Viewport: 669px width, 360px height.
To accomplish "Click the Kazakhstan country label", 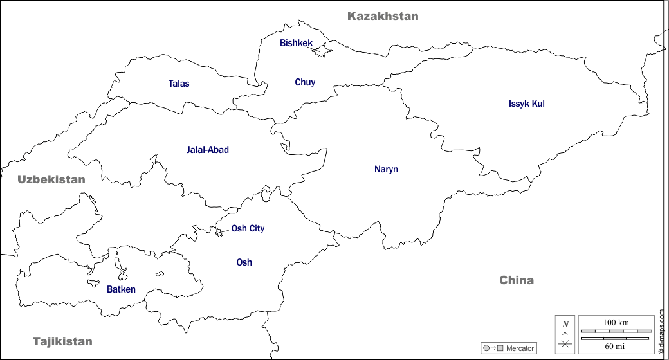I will tap(383, 16).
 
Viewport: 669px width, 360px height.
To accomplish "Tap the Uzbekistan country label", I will tap(51, 179).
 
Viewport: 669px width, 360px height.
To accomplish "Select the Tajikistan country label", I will tap(62, 341).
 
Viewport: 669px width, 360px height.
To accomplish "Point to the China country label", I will tap(517, 280).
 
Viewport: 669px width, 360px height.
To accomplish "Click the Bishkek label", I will tap(296, 43).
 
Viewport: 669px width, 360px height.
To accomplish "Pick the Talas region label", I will tap(179, 84).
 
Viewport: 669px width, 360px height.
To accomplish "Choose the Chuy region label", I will tap(305, 82).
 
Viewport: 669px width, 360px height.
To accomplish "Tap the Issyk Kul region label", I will tap(526, 104).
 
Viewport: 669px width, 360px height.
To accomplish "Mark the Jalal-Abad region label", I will tap(207, 150).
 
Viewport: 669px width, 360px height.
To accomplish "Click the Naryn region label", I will tap(386, 170).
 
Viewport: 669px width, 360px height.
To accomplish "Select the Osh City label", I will tap(248, 228).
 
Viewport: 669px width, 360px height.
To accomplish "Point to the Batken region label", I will tap(121, 289).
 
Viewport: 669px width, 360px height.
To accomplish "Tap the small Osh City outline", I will tap(219, 232).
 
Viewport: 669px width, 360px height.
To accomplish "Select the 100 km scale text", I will tap(616, 322).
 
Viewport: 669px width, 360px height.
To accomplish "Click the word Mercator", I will tap(520, 348).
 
